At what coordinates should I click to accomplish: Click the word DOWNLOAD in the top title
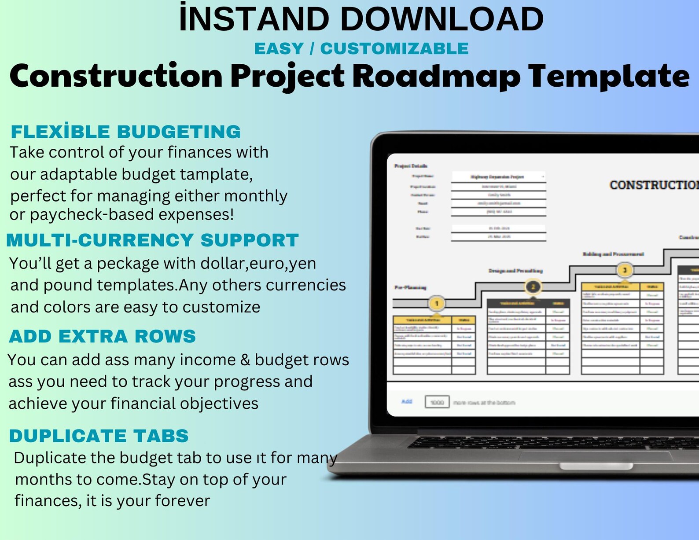pyautogui.click(x=442, y=19)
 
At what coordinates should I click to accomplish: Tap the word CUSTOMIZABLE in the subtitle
pyautogui.click(x=394, y=48)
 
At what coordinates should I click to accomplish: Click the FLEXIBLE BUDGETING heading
pyautogui.click(x=126, y=132)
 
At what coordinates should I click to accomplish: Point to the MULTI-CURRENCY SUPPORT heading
pyautogui.click(x=152, y=240)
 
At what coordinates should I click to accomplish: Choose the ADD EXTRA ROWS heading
pyautogui.click(x=102, y=336)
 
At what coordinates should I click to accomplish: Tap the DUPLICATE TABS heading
pyautogui.click(x=99, y=436)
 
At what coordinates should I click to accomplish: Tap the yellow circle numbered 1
pyautogui.click(x=437, y=303)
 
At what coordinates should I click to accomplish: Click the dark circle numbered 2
pyautogui.click(x=533, y=287)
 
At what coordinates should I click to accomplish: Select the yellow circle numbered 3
pyautogui.click(x=624, y=270)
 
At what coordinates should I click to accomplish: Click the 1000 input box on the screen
pyautogui.click(x=437, y=402)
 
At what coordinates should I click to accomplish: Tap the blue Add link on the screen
pyautogui.click(x=407, y=401)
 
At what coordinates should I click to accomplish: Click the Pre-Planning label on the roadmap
pyautogui.click(x=410, y=287)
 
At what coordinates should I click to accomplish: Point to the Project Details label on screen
pyautogui.click(x=411, y=166)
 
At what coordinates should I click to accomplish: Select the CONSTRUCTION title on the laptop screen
pyautogui.click(x=654, y=185)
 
